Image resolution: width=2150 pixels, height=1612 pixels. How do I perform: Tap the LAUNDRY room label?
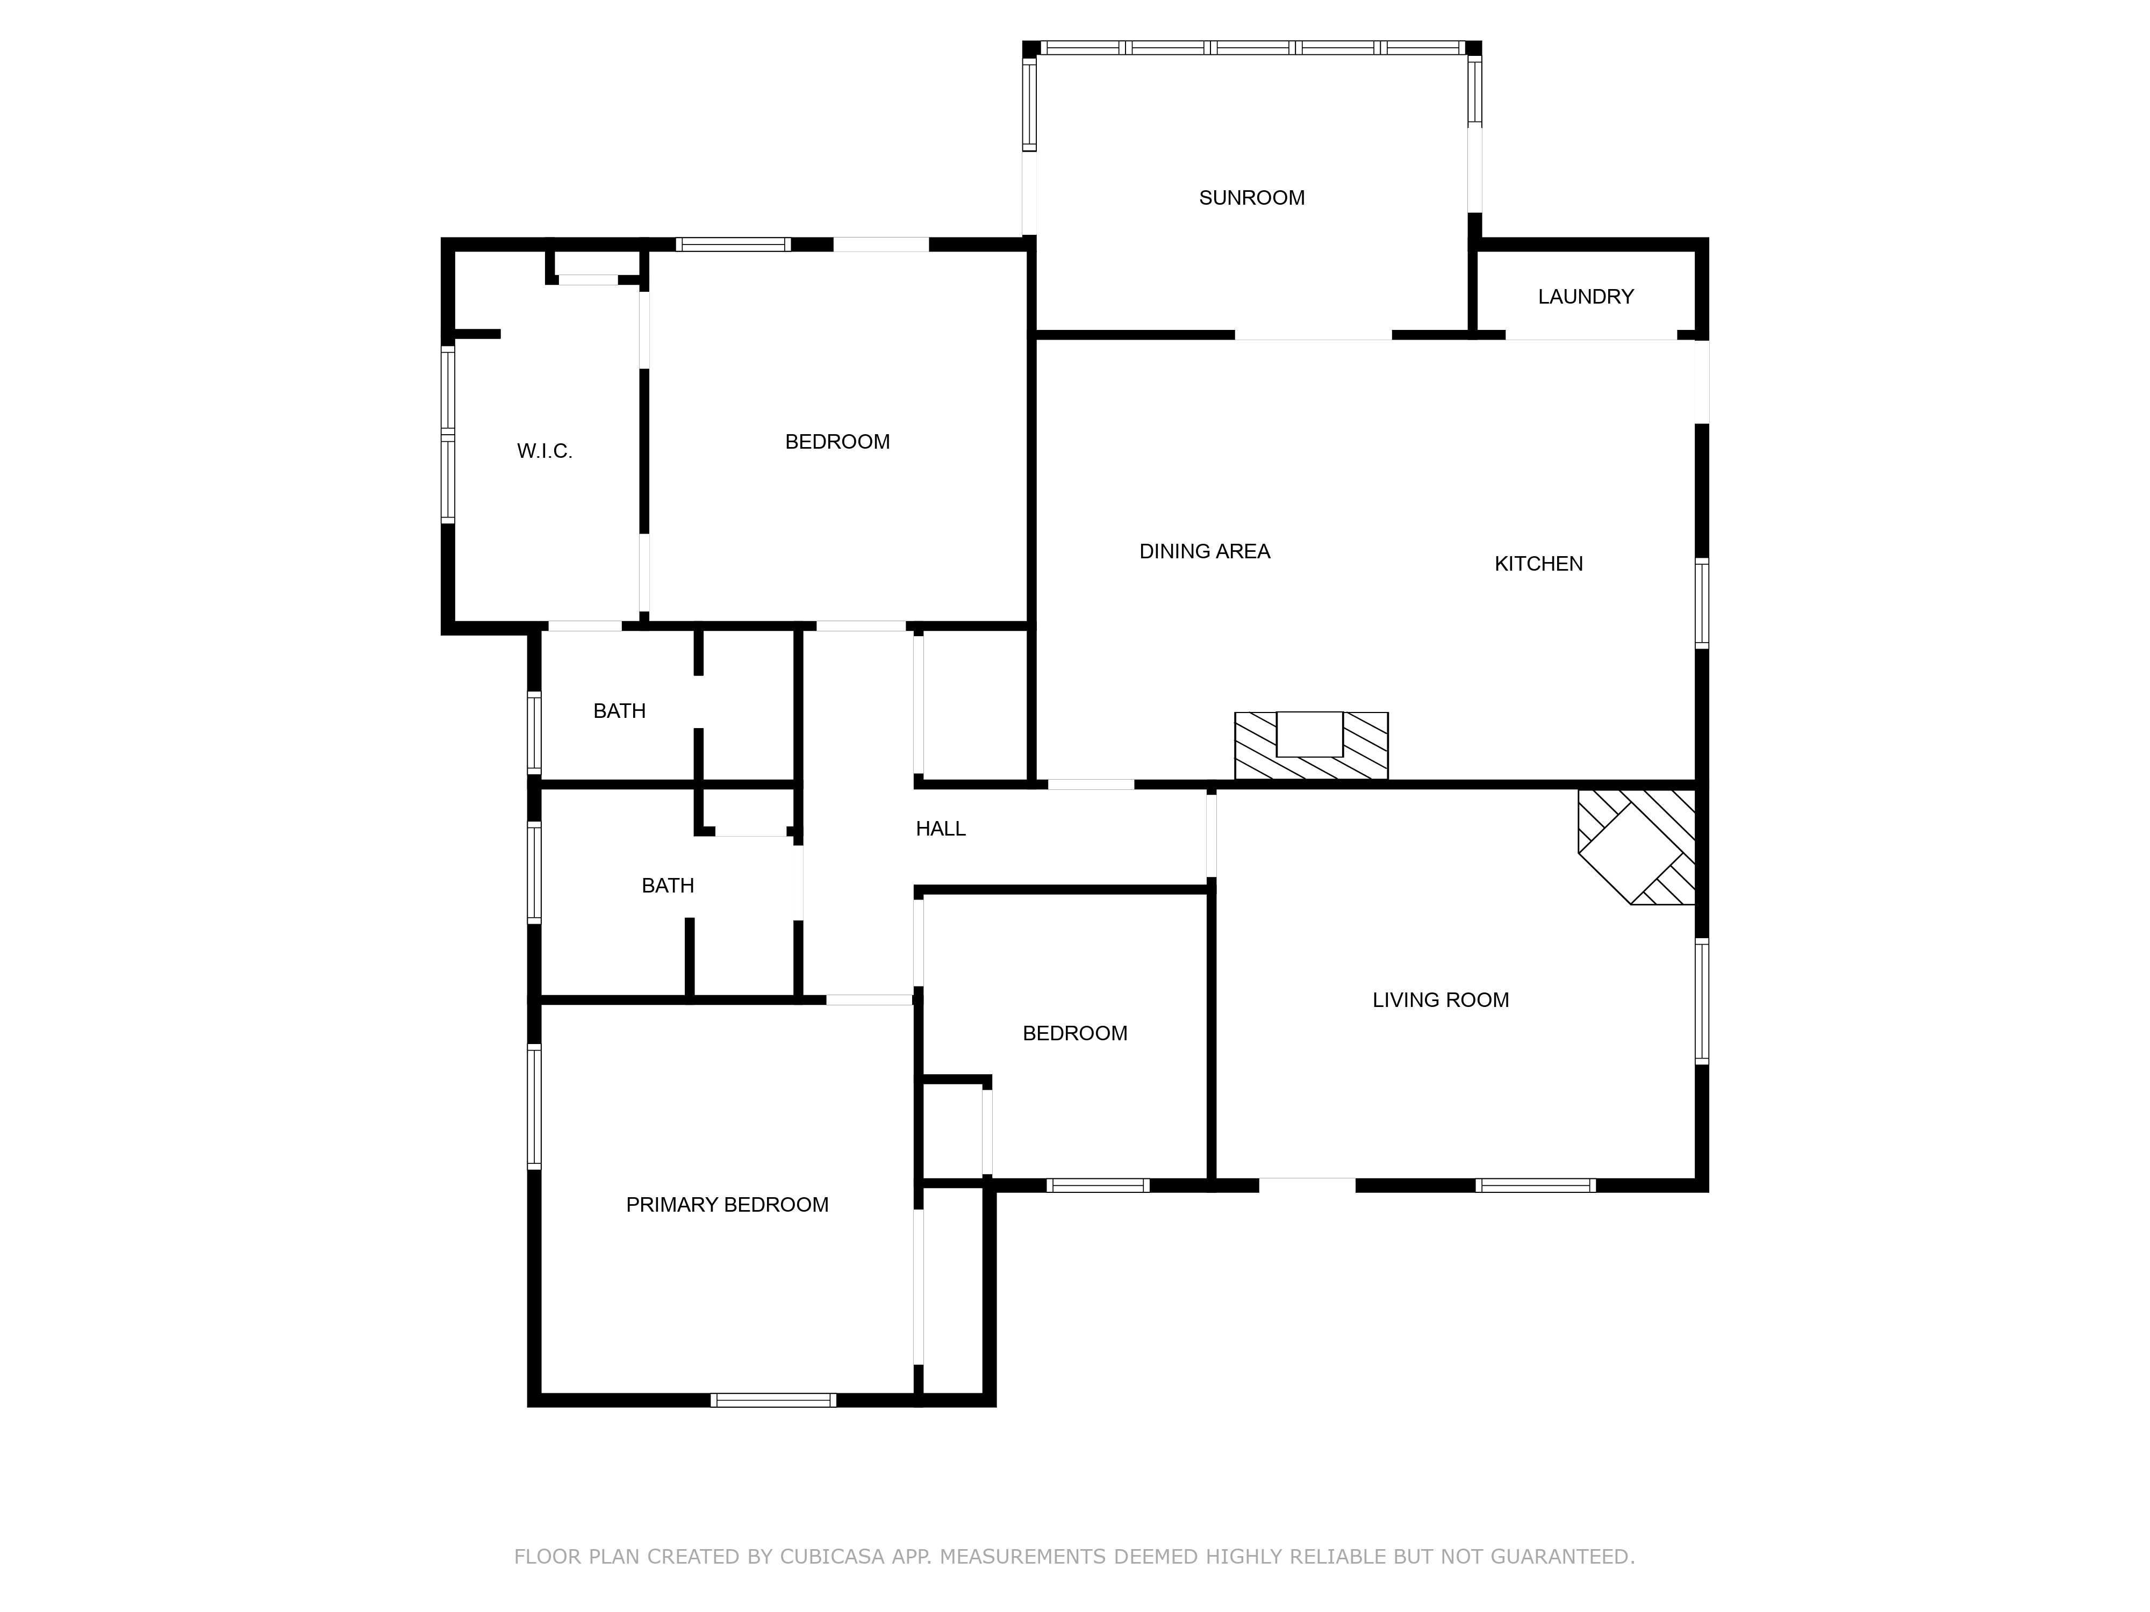tap(1585, 297)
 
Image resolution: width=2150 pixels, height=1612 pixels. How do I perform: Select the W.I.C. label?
tap(544, 451)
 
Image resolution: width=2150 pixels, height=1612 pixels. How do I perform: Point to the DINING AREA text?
tap(1205, 551)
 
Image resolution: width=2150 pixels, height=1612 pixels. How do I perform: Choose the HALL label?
tap(940, 829)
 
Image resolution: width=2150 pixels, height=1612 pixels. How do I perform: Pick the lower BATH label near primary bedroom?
tap(668, 885)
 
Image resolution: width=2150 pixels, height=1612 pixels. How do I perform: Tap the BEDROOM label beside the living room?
tap(1074, 1033)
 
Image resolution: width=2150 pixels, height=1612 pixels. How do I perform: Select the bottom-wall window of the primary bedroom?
tap(773, 1400)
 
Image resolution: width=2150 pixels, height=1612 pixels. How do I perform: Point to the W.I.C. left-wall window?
tap(448, 435)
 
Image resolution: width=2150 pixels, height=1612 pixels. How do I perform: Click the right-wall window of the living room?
tap(1701, 1001)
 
